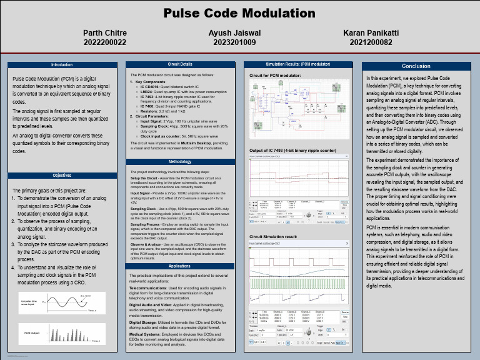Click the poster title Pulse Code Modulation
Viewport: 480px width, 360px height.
[239, 13]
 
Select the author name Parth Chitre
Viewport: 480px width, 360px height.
[105, 32]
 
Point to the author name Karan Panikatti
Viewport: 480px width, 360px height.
[371, 32]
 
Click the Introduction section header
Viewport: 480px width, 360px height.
[62, 64]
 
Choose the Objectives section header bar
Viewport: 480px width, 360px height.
[62, 176]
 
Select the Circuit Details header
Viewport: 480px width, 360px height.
[180, 64]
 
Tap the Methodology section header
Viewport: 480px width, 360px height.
[180, 162]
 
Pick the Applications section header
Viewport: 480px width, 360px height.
[180, 266]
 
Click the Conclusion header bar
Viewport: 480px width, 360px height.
[416, 66]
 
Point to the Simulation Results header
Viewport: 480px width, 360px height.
[298, 64]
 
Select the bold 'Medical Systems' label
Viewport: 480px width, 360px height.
[144, 334]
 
